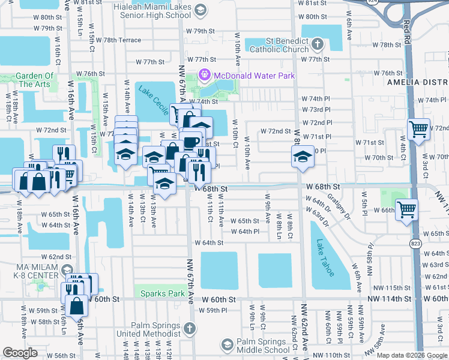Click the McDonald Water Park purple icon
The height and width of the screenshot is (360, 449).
(x=204, y=76)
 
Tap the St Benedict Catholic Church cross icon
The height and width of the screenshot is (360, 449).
(x=318, y=44)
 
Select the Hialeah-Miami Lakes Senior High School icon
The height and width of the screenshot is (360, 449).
(x=200, y=10)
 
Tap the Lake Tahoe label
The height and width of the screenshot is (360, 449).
(x=324, y=258)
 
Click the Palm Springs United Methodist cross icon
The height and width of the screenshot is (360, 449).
(x=189, y=328)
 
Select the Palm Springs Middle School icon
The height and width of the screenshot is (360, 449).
(x=228, y=344)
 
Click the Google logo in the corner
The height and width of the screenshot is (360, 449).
(x=20, y=353)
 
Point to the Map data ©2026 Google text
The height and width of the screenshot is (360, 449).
(x=412, y=355)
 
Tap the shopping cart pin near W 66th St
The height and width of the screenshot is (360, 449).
(x=407, y=210)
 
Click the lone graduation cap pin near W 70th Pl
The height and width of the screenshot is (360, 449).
(x=302, y=157)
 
